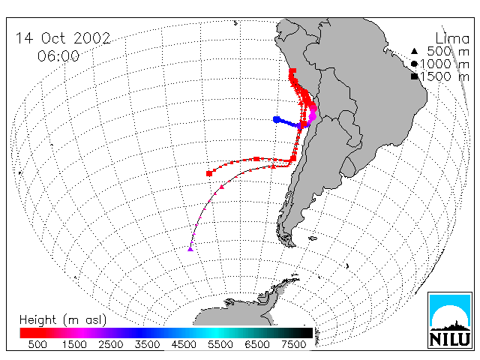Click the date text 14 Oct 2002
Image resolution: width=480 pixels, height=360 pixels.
63,38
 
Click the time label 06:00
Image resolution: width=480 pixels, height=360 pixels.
58,56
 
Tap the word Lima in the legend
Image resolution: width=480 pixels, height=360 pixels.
452,39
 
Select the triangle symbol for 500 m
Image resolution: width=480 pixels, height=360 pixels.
414,51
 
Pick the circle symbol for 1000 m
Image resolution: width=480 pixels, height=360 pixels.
414,64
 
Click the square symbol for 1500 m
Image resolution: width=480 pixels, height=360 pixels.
414,76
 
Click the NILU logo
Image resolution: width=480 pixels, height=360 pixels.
450,320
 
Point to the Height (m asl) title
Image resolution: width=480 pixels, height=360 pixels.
63,320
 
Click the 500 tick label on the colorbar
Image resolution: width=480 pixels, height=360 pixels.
37,344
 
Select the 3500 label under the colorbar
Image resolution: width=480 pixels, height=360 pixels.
147,344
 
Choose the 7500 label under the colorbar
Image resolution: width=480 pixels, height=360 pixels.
293,344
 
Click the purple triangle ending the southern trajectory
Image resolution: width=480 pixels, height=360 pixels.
190,249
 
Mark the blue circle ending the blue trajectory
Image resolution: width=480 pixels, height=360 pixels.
277,119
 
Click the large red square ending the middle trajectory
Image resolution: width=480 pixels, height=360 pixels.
209,173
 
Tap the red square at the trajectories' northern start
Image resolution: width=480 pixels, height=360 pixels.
292,72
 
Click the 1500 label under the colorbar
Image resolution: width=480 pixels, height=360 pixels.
74,344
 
